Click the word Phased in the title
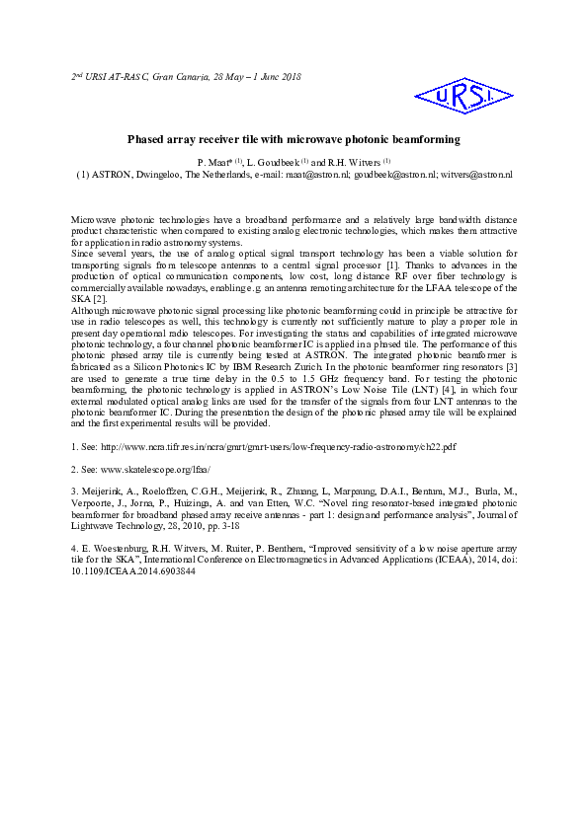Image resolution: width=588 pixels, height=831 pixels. tap(146, 141)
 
